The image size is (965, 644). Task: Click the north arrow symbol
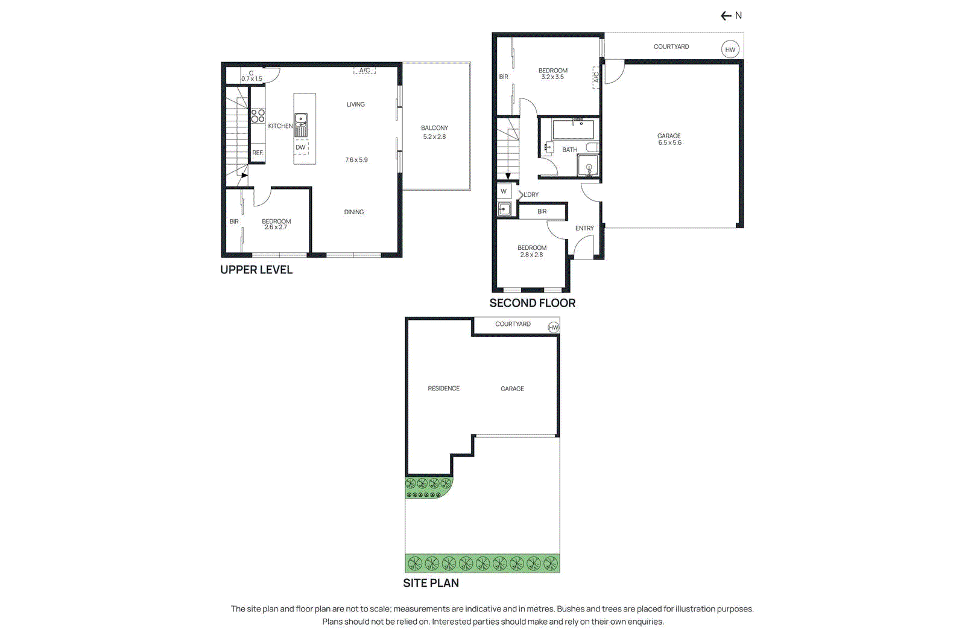click(x=726, y=16)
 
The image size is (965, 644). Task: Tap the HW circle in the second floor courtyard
click(x=730, y=49)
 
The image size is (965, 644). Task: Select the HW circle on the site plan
click(x=553, y=327)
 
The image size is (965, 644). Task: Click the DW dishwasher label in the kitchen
click(x=300, y=147)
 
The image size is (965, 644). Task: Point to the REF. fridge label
click(x=258, y=153)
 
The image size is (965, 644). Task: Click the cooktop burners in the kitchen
click(x=258, y=116)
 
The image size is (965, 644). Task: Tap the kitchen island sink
click(x=300, y=120)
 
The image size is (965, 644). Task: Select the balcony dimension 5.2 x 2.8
click(x=434, y=137)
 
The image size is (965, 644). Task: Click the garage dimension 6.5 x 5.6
click(x=669, y=143)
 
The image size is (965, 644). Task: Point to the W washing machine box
click(x=504, y=191)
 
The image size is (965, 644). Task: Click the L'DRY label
click(x=531, y=194)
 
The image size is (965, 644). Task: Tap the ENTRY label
click(x=584, y=228)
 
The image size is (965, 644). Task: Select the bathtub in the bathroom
click(x=573, y=130)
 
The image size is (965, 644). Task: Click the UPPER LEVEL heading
click(x=256, y=270)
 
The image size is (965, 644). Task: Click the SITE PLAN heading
click(x=431, y=583)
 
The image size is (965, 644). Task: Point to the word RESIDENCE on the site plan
click(x=443, y=389)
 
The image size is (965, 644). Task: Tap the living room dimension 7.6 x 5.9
click(x=356, y=160)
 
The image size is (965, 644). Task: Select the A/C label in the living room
click(x=364, y=71)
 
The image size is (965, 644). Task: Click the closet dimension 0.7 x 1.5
click(x=252, y=79)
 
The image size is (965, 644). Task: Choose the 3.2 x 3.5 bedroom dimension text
click(x=552, y=77)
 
